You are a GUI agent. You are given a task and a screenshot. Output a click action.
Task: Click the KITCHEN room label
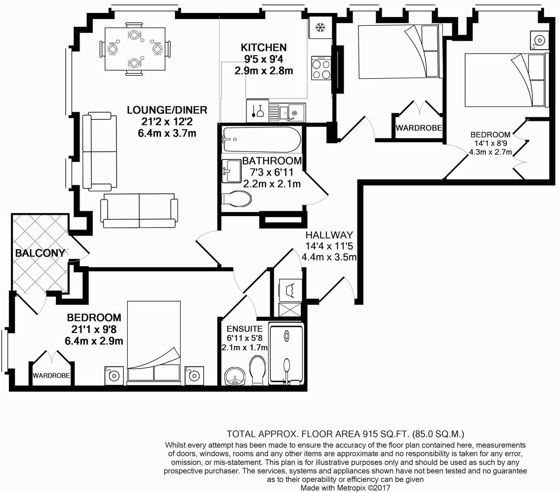(264, 47)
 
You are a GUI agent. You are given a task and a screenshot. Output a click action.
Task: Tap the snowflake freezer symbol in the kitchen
(320, 28)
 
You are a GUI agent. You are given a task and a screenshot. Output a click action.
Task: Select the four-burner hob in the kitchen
(321, 69)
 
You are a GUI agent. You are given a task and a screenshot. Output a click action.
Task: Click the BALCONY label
(40, 253)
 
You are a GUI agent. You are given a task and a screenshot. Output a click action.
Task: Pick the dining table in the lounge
(134, 49)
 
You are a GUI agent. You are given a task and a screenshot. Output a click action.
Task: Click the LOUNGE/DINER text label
(167, 110)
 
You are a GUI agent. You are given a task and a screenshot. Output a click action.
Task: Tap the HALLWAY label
(329, 235)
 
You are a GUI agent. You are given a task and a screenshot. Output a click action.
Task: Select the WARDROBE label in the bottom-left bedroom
(51, 375)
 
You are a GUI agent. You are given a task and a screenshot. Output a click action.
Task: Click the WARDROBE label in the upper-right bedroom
(418, 128)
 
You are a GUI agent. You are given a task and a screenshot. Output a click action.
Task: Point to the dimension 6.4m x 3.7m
(167, 133)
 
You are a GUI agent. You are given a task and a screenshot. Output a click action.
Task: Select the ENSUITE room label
(244, 329)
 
